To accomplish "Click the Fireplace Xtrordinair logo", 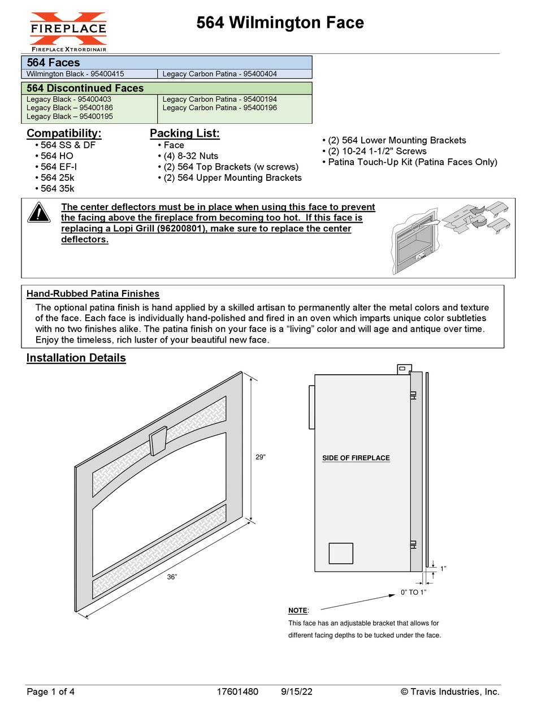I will pyautogui.click(x=68, y=31).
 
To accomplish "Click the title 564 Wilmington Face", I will pyautogui.click(x=280, y=23).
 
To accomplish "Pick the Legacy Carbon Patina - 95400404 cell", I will pyautogui.click(x=219, y=74).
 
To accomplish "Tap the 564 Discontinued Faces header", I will pyautogui.click(x=85, y=88).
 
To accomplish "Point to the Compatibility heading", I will pyautogui.click(x=64, y=133).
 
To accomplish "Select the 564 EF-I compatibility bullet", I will pyautogui.click(x=59, y=167).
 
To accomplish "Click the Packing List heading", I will pyautogui.click(x=184, y=133).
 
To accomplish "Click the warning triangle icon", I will pyautogui.click(x=38, y=213).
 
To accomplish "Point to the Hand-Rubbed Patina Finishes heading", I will pyautogui.click(x=93, y=294).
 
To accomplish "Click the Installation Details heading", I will pyautogui.click(x=76, y=358).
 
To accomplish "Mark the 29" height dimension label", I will pyautogui.click(x=260, y=457).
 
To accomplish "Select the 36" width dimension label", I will pyautogui.click(x=172, y=577).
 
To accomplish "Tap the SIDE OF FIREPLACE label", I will pyautogui.click(x=356, y=458).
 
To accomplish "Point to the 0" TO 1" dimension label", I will pyautogui.click(x=413, y=592).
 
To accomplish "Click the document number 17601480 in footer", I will pyautogui.click(x=237, y=692).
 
